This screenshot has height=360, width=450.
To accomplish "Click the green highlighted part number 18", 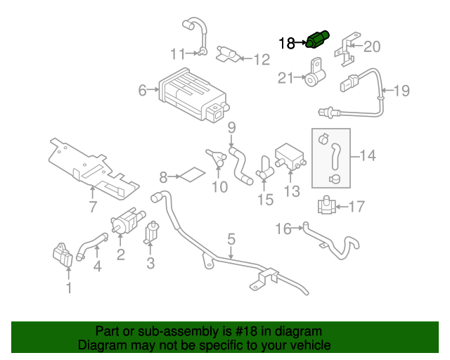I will (x=318, y=40).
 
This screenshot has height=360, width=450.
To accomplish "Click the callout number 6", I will (x=143, y=90).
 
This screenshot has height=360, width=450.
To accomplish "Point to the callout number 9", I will (x=231, y=127).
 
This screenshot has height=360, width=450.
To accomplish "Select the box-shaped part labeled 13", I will (x=290, y=158).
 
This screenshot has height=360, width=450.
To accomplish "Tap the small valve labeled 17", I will (x=325, y=207).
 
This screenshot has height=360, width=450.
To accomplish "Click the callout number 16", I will (x=283, y=228).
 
